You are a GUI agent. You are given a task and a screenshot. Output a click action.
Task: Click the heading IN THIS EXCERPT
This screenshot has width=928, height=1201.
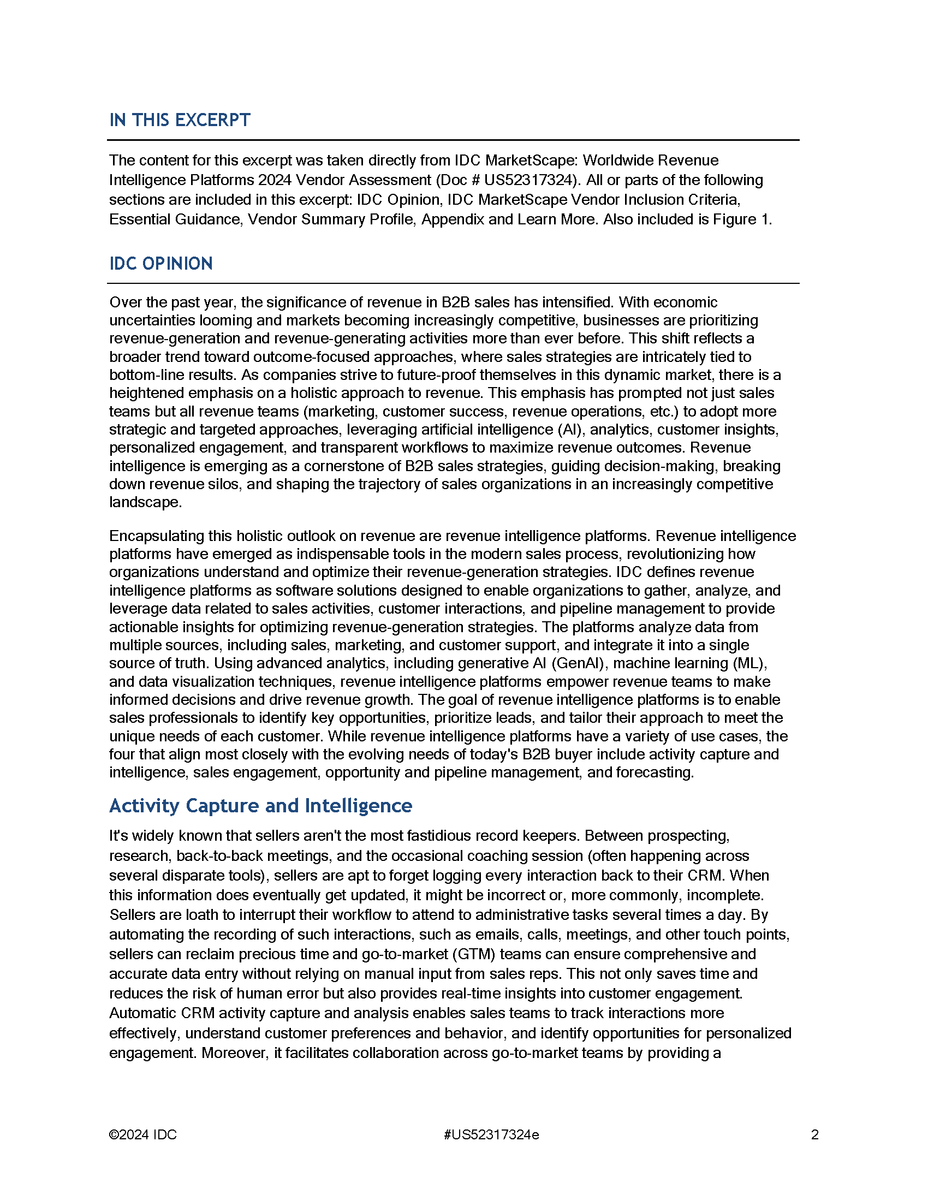coord(179,120)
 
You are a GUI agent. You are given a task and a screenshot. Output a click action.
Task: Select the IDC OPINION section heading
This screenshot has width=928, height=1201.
coord(160,264)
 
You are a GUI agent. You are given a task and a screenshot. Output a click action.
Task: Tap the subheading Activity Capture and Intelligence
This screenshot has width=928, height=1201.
coord(260,806)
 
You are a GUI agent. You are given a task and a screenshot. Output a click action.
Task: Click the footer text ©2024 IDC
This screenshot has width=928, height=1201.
coord(143,1134)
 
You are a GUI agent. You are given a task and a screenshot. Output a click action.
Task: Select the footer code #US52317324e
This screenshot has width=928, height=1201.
coord(491,1134)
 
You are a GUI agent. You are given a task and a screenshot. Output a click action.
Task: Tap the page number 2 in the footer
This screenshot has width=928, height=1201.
coord(815,1134)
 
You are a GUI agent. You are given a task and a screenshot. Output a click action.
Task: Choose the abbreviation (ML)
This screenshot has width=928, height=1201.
coord(749,663)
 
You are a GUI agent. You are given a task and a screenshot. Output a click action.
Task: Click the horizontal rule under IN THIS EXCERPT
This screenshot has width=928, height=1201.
coord(453,140)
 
